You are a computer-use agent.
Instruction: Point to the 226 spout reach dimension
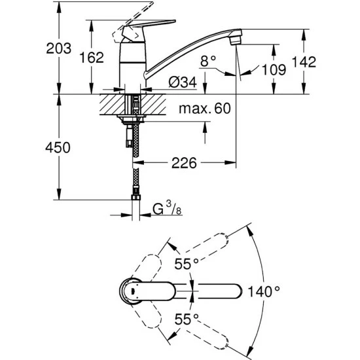184,163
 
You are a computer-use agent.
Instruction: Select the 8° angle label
208,61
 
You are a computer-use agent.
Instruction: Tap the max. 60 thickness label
206,109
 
